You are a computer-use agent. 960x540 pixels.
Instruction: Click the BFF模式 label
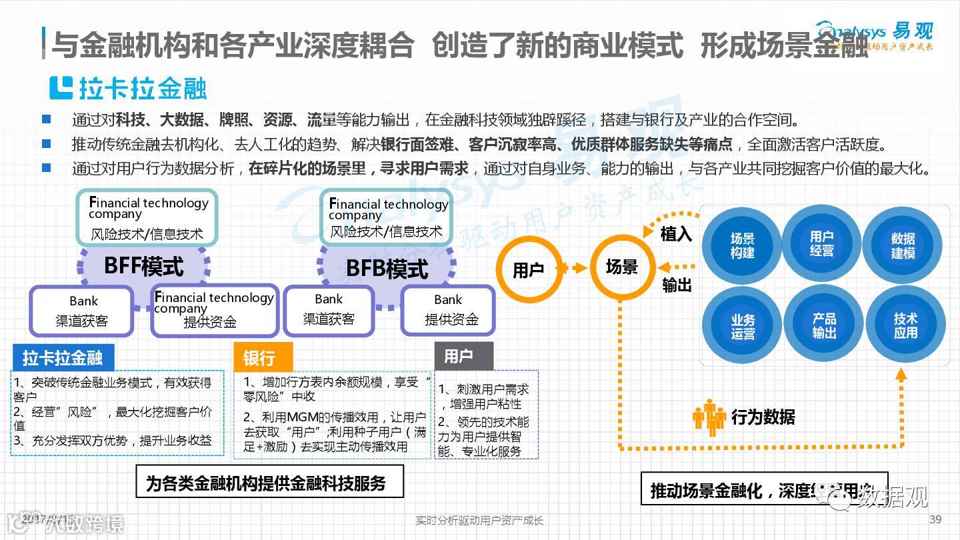point(143,267)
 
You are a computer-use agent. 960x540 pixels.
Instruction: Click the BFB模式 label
point(387,269)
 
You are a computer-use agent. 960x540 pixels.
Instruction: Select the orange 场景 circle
point(622,268)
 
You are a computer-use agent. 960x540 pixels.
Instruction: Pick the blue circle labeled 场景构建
point(742,245)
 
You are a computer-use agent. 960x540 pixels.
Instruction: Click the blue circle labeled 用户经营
point(821,243)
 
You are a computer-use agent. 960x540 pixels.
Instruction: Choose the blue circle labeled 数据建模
point(903,245)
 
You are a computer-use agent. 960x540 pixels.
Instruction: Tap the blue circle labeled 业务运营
point(742,327)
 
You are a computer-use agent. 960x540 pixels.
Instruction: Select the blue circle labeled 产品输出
point(823,325)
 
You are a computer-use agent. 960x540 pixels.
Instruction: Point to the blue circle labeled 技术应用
point(905,325)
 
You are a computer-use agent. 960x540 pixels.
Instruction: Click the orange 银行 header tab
point(263,358)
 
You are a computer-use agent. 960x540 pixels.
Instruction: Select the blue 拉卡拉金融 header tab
point(63,358)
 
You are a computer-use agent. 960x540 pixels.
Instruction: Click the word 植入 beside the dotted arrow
point(676,234)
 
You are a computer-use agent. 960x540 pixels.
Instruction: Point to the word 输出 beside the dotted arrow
point(677,285)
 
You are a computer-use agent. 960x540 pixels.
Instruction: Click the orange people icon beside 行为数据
point(709,417)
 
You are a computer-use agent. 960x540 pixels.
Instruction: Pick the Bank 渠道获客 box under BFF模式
point(83,311)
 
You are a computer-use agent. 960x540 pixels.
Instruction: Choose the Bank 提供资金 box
point(448,310)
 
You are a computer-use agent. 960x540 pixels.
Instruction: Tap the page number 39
point(935,519)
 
